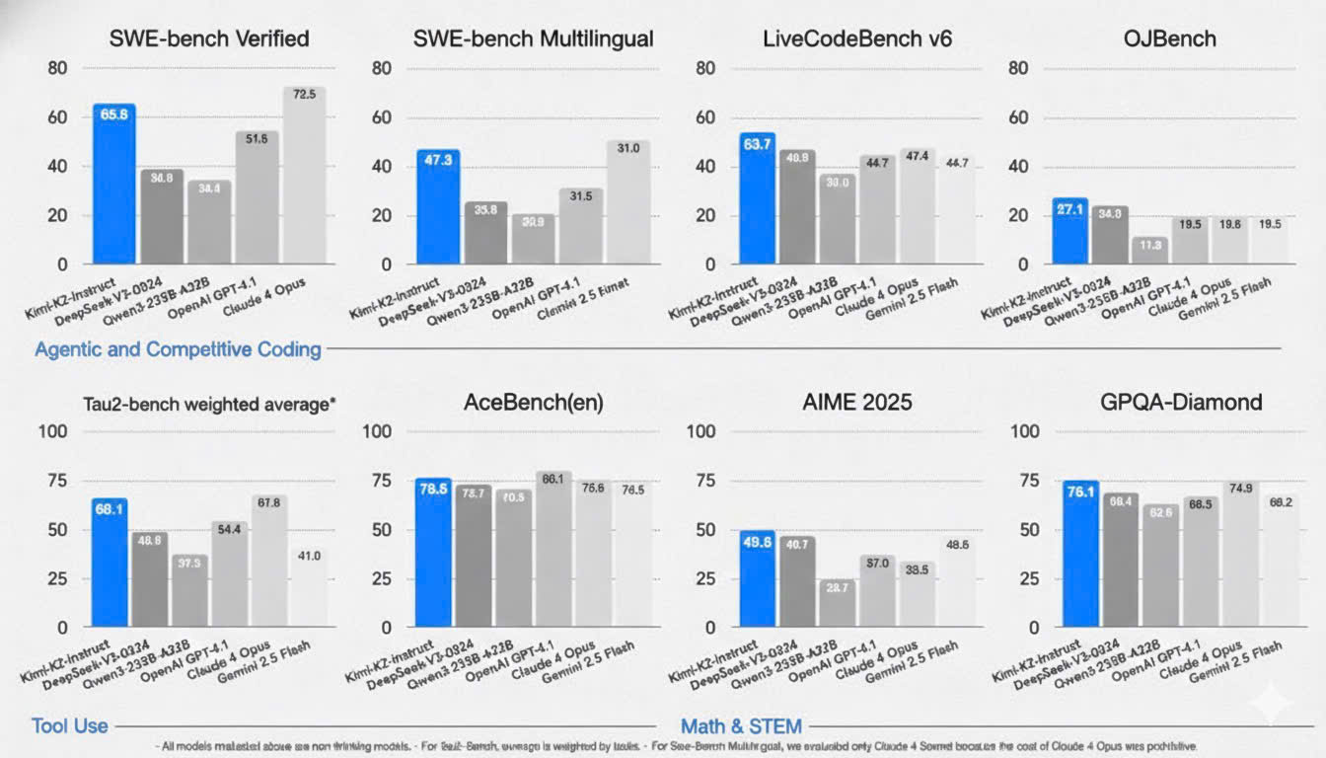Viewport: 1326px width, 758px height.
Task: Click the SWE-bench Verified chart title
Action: (209, 39)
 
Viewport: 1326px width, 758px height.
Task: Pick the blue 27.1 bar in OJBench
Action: (1069, 231)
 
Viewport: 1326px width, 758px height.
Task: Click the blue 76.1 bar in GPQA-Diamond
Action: (1080, 554)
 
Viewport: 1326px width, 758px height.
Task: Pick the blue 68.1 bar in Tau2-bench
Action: (109, 563)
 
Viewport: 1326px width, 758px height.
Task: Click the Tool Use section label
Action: (69, 725)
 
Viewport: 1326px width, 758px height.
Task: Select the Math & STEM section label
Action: (741, 725)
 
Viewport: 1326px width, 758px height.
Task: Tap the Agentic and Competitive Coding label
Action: (178, 348)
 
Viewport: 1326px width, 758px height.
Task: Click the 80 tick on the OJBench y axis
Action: (1020, 68)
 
